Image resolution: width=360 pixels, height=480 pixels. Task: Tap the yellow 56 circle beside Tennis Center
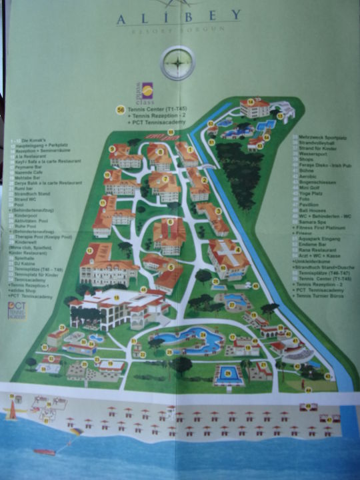(121, 109)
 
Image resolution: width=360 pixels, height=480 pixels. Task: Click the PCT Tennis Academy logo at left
(16, 309)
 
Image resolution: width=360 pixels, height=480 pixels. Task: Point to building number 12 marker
(89, 250)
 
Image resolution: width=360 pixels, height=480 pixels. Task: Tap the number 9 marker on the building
(113, 149)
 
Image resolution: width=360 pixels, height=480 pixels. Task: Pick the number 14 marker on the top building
(251, 102)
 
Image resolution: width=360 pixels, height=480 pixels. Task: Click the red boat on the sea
(45, 451)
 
